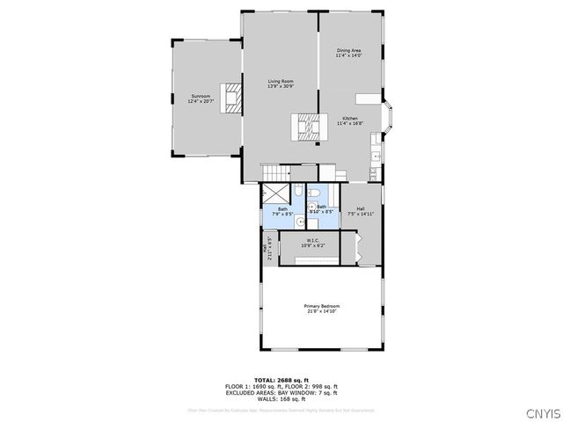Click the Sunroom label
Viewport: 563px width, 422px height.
click(x=201, y=98)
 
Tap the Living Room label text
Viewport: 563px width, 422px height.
click(x=281, y=84)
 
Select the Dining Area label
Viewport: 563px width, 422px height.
click(x=349, y=54)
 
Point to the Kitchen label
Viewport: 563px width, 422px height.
click(x=349, y=120)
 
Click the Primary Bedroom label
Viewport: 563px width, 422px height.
click(x=323, y=308)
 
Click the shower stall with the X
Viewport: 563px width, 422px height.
click(x=274, y=194)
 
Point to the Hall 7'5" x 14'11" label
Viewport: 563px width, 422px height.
click(x=360, y=211)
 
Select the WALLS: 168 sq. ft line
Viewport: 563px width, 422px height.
click(x=281, y=400)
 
